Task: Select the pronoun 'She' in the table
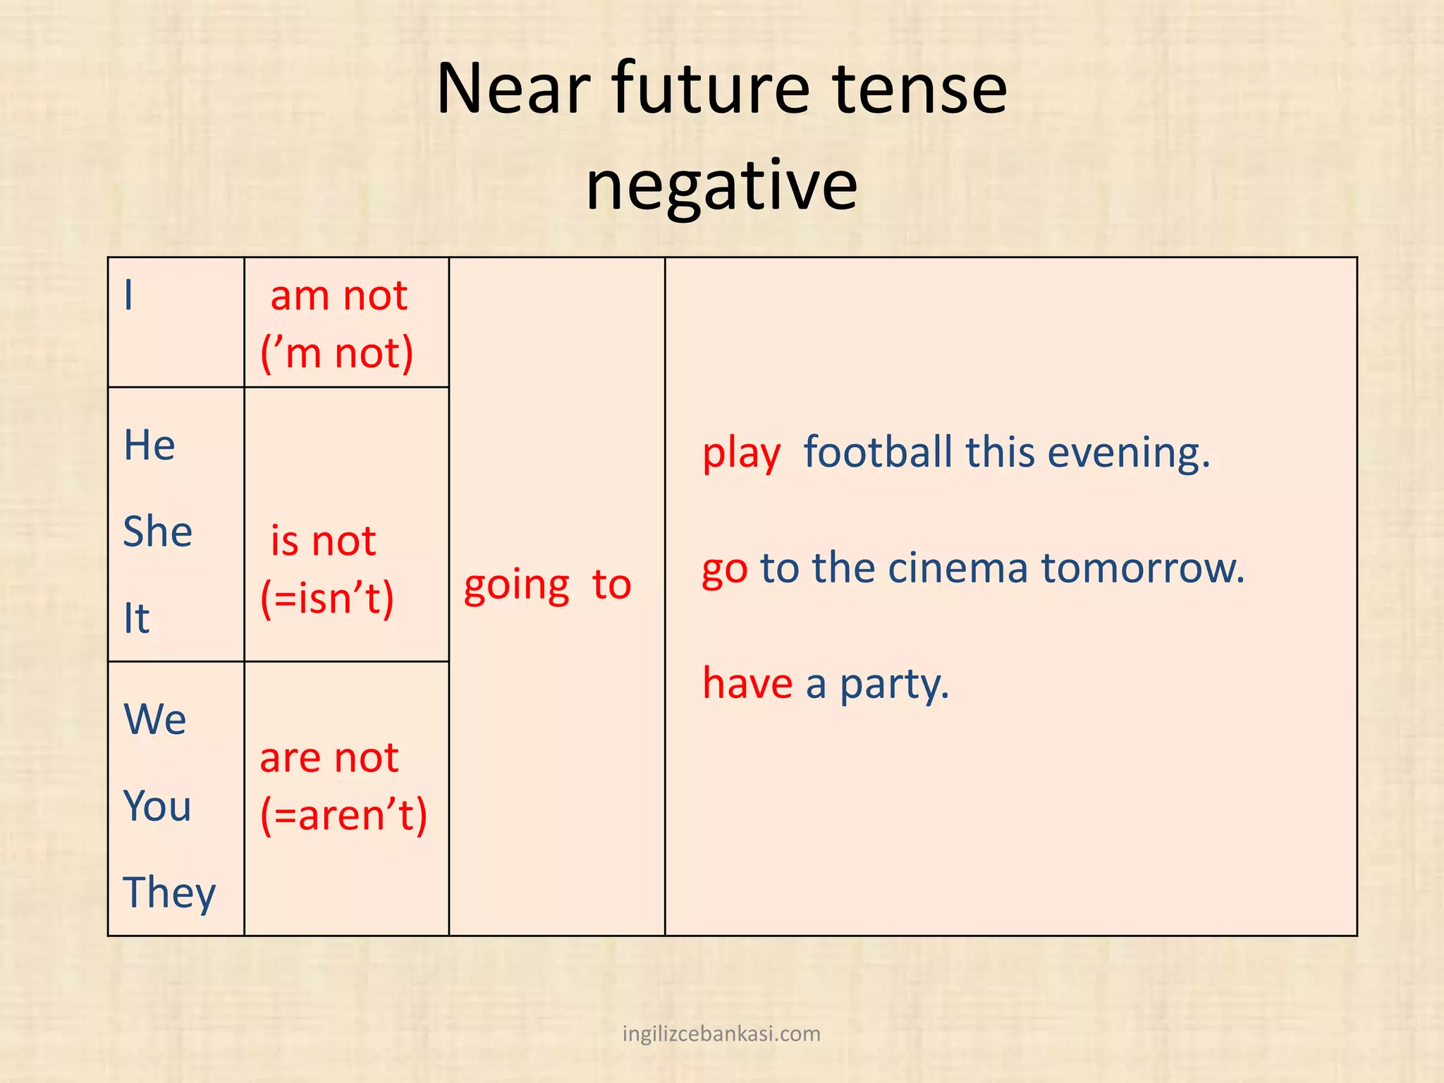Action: [157, 532]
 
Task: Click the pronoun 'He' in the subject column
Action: [149, 446]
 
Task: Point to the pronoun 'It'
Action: [137, 618]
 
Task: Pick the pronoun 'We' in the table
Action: [155, 720]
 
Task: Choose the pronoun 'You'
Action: [157, 806]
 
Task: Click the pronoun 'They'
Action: [169, 893]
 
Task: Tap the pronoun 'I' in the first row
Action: [128, 295]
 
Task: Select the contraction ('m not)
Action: [337, 353]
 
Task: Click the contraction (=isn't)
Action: [327, 599]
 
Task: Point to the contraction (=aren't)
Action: [344, 816]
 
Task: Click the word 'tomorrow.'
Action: [1143, 568]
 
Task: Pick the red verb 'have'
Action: [747, 683]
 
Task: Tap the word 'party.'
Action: [894, 685]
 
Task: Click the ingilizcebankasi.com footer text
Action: [721, 1034]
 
